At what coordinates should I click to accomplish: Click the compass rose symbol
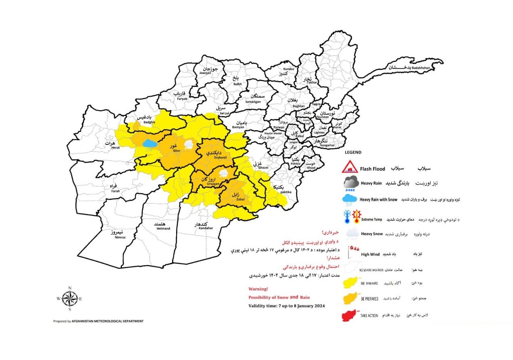pos(70,299)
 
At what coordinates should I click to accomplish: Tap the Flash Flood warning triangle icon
pos(350,167)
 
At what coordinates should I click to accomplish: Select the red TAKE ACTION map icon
pos(350,315)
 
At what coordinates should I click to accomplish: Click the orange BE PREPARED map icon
pos(350,299)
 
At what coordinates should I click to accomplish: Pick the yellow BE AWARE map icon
pos(350,283)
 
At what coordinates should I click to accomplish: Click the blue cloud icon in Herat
pos(149,144)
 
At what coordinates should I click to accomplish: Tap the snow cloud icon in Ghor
pos(189,144)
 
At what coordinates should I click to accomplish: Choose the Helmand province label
pos(163,226)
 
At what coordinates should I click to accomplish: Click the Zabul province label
pos(235,196)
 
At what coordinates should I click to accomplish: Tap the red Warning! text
pos(258,289)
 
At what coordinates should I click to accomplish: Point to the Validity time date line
pos(286,306)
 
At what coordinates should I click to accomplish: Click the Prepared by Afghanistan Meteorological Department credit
pos(98,321)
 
